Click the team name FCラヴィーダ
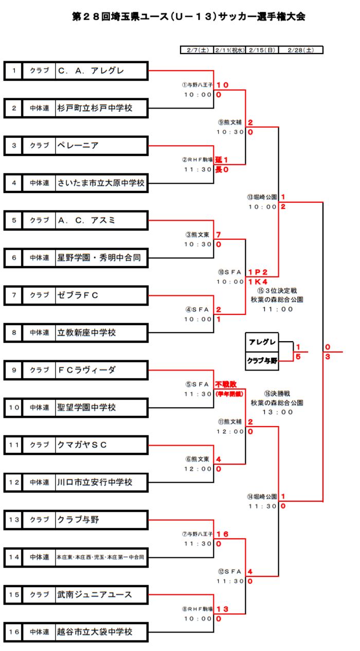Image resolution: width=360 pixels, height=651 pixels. point(87,370)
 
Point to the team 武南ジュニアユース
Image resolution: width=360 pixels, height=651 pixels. point(95,594)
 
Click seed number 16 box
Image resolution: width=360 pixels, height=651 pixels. point(14,632)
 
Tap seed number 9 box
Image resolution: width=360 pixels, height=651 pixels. point(14,370)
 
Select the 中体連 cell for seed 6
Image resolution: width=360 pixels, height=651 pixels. point(39,258)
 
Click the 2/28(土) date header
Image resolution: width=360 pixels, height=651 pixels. point(301,50)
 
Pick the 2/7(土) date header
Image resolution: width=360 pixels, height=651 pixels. point(197,50)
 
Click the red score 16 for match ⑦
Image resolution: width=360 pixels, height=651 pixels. point(222,534)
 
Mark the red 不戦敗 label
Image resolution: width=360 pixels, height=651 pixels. point(225,384)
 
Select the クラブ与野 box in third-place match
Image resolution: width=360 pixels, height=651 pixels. point(262,361)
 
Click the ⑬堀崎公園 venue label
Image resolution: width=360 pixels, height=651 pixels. point(262,197)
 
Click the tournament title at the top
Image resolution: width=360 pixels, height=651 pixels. point(189,16)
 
